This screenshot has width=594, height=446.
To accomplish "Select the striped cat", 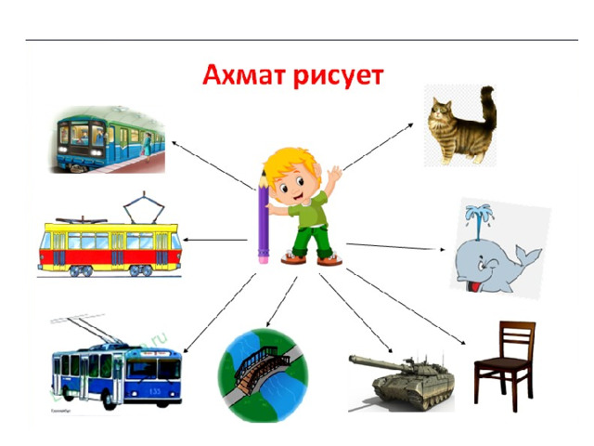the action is pos(461,125).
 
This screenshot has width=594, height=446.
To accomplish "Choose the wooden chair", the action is pos(505,365).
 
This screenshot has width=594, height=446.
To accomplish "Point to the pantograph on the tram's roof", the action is pos(144,207).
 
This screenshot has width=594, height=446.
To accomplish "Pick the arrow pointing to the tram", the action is pos(214,240).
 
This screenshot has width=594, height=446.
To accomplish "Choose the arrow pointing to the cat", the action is pos(378,147).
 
